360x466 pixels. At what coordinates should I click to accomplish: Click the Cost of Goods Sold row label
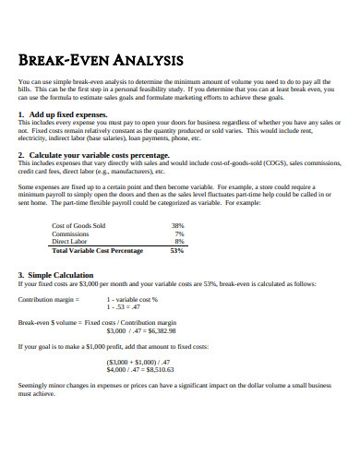coord(78,225)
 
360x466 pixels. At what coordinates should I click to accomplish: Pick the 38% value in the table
coord(178,225)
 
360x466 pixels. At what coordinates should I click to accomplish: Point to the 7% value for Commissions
coord(180,233)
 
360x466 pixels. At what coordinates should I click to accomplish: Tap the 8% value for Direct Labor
coord(180,242)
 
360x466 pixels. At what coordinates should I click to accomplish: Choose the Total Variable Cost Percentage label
coord(97,250)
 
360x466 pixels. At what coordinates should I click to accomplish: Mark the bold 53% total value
coord(178,250)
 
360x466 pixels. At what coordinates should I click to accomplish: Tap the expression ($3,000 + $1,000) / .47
coord(138,361)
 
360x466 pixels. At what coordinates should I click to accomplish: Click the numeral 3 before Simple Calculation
coord(21,275)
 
